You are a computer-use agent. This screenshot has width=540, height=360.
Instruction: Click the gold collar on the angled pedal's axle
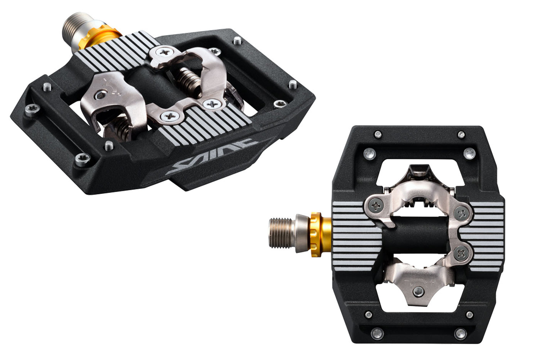(x=100, y=38)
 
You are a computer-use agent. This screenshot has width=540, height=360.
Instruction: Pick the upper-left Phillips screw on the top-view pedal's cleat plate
(x=376, y=206)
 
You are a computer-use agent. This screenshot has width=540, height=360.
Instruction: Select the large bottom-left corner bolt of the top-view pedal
(x=377, y=333)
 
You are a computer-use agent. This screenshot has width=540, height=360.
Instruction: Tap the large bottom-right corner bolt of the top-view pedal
(x=460, y=333)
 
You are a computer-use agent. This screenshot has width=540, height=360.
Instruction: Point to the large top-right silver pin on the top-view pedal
(x=469, y=154)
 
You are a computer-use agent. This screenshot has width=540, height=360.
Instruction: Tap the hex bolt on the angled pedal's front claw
(x=101, y=95)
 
